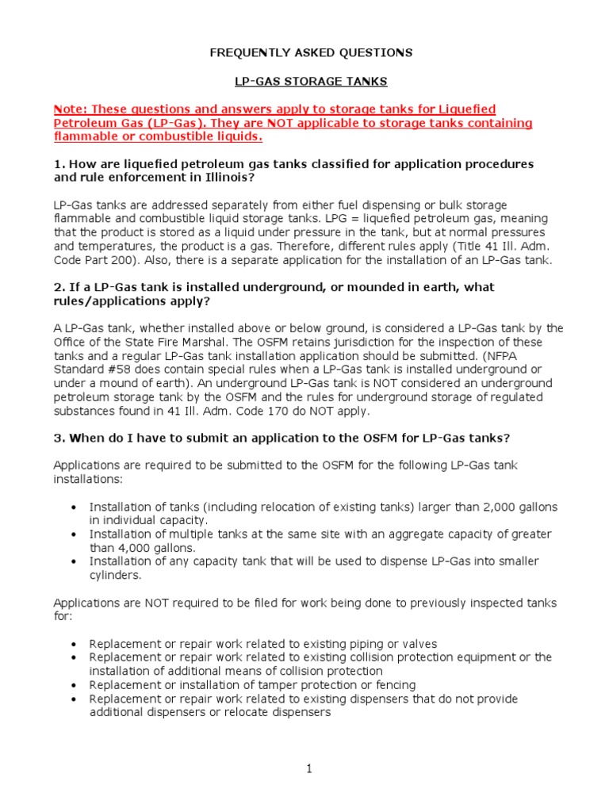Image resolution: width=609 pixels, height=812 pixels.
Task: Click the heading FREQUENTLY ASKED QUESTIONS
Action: pyautogui.click(x=311, y=53)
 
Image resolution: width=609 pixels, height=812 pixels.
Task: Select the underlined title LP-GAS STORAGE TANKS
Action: pyautogui.click(x=311, y=81)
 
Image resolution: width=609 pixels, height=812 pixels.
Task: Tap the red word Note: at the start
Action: pyautogui.click(x=71, y=109)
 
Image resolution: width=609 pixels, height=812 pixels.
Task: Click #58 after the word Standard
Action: pyautogui.click(x=117, y=370)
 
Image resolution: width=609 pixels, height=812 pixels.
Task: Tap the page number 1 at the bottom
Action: pyautogui.click(x=311, y=769)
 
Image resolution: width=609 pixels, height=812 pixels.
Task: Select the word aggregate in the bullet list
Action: pyautogui.click(x=404, y=534)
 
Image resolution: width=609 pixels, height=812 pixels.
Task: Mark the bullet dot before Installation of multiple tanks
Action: pyautogui.click(x=74, y=534)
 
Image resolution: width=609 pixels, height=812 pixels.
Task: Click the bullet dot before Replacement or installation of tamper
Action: pyautogui.click(x=74, y=685)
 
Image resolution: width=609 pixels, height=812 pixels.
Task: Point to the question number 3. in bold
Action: pyautogui.click(x=59, y=438)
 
